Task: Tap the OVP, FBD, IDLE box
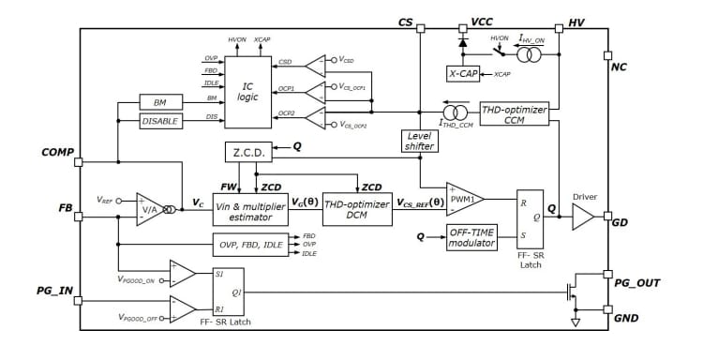pos(250,245)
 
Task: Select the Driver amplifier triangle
pos(582,217)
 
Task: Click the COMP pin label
pos(58,151)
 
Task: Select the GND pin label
pos(626,319)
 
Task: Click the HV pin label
pos(576,22)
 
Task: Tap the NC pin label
pos(619,67)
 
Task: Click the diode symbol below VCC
pos(461,41)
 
